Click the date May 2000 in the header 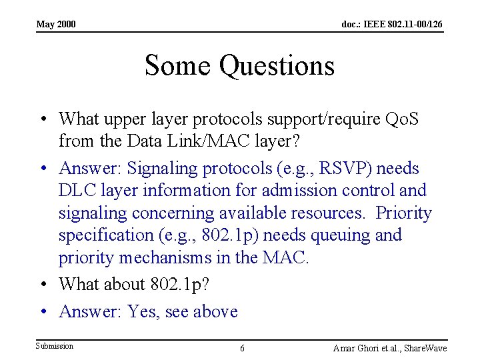56,25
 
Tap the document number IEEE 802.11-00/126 391,25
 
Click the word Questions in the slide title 277,66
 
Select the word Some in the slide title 178,66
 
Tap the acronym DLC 78,190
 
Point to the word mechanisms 173,258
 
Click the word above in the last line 215,311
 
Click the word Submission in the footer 55,345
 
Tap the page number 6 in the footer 242,349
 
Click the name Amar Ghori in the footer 356,349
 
